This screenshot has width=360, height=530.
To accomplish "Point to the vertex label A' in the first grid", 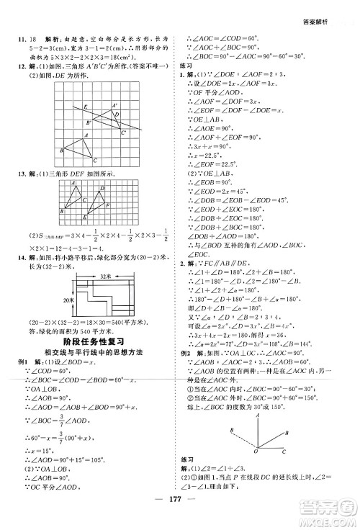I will click(114, 106).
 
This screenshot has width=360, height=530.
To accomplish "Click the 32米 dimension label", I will click(106, 275).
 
